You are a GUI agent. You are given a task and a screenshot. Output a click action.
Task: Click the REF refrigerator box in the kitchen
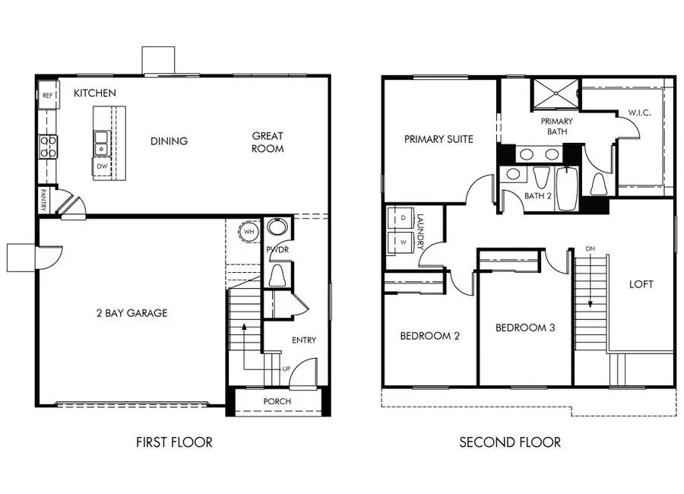[46, 95]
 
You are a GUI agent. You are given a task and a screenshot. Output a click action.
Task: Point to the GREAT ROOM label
[268, 142]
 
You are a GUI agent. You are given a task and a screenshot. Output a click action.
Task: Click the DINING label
[169, 141]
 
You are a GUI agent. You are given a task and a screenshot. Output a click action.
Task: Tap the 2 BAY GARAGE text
[131, 313]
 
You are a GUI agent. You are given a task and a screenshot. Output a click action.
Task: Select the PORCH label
[277, 401]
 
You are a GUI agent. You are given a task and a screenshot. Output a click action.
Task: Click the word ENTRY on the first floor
[304, 340]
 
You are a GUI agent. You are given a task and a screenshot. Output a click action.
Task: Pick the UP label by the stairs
[287, 369]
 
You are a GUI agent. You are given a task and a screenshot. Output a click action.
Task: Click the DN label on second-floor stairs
[590, 249]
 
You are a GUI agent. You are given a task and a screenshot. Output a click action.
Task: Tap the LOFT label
[641, 284]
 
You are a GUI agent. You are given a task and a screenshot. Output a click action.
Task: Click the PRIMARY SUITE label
[439, 139]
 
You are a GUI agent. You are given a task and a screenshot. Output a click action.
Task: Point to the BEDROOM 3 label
[525, 328]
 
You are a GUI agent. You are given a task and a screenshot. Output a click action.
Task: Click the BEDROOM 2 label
[429, 335]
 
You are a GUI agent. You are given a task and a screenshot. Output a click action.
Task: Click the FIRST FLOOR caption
[174, 442]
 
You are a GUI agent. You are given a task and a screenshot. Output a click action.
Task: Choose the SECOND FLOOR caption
[510, 442]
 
